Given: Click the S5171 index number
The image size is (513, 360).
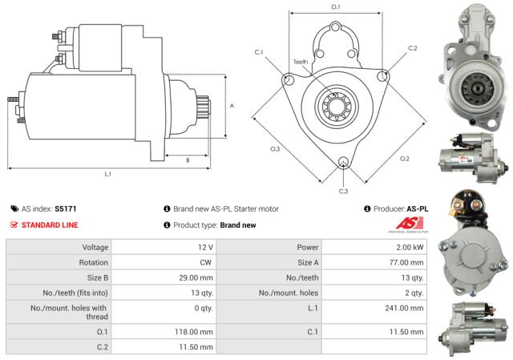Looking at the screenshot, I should click(65, 208).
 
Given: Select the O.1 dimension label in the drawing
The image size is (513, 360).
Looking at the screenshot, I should click(335, 7).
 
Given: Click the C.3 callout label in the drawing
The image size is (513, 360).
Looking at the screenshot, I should click(343, 191).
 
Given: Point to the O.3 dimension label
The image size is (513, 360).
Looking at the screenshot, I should click(275, 149).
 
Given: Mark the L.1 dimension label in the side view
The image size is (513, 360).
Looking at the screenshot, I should click(107, 174).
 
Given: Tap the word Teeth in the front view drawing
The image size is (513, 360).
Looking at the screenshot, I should click(300, 62).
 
